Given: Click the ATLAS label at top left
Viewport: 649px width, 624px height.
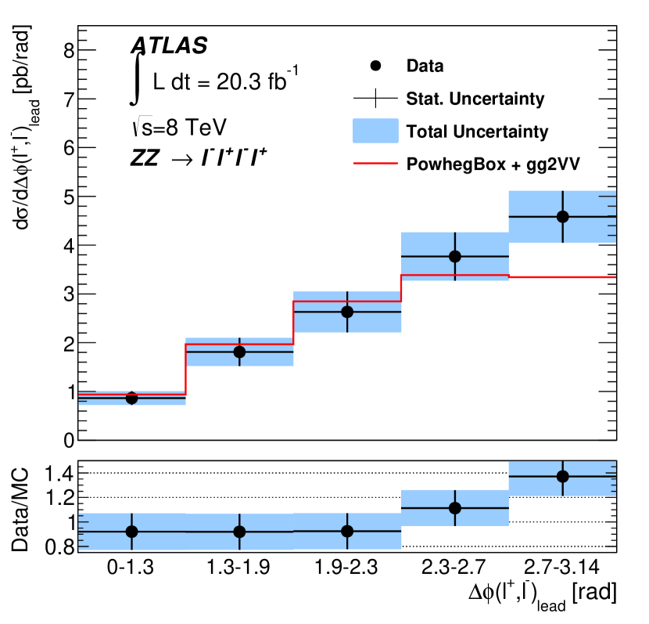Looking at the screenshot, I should pyautogui.click(x=169, y=45).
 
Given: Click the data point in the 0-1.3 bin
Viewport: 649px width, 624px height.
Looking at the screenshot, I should pyautogui.click(x=131, y=398).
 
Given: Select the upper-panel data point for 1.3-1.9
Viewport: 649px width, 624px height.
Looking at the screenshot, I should pyautogui.click(x=239, y=352).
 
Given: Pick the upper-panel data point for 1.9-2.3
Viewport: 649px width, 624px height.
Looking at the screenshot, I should pyautogui.click(x=347, y=312).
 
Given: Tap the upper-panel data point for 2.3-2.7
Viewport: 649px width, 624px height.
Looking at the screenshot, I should pyautogui.click(x=455, y=256).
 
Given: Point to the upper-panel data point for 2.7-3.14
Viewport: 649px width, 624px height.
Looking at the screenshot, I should pyautogui.click(x=563, y=217).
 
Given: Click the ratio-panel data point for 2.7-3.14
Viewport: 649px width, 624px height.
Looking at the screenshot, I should pyautogui.click(x=563, y=476).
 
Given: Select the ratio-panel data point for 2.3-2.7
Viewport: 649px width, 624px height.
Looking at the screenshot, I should pyautogui.click(x=455, y=508).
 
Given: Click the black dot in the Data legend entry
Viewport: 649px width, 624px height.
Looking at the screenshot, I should pyautogui.click(x=376, y=66).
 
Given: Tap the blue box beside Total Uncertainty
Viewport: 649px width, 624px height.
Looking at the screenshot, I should pyautogui.click(x=376, y=131).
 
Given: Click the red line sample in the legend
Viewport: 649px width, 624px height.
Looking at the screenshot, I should pyautogui.click(x=376, y=164).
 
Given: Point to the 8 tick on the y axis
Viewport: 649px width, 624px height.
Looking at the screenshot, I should pyautogui.click(x=68, y=50).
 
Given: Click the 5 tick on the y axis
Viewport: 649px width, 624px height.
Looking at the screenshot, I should pyautogui.click(x=68, y=197).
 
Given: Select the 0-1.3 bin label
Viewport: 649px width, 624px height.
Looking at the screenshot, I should pyautogui.click(x=131, y=569).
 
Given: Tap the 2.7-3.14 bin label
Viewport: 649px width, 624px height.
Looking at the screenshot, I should pyautogui.click(x=563, y=569).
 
